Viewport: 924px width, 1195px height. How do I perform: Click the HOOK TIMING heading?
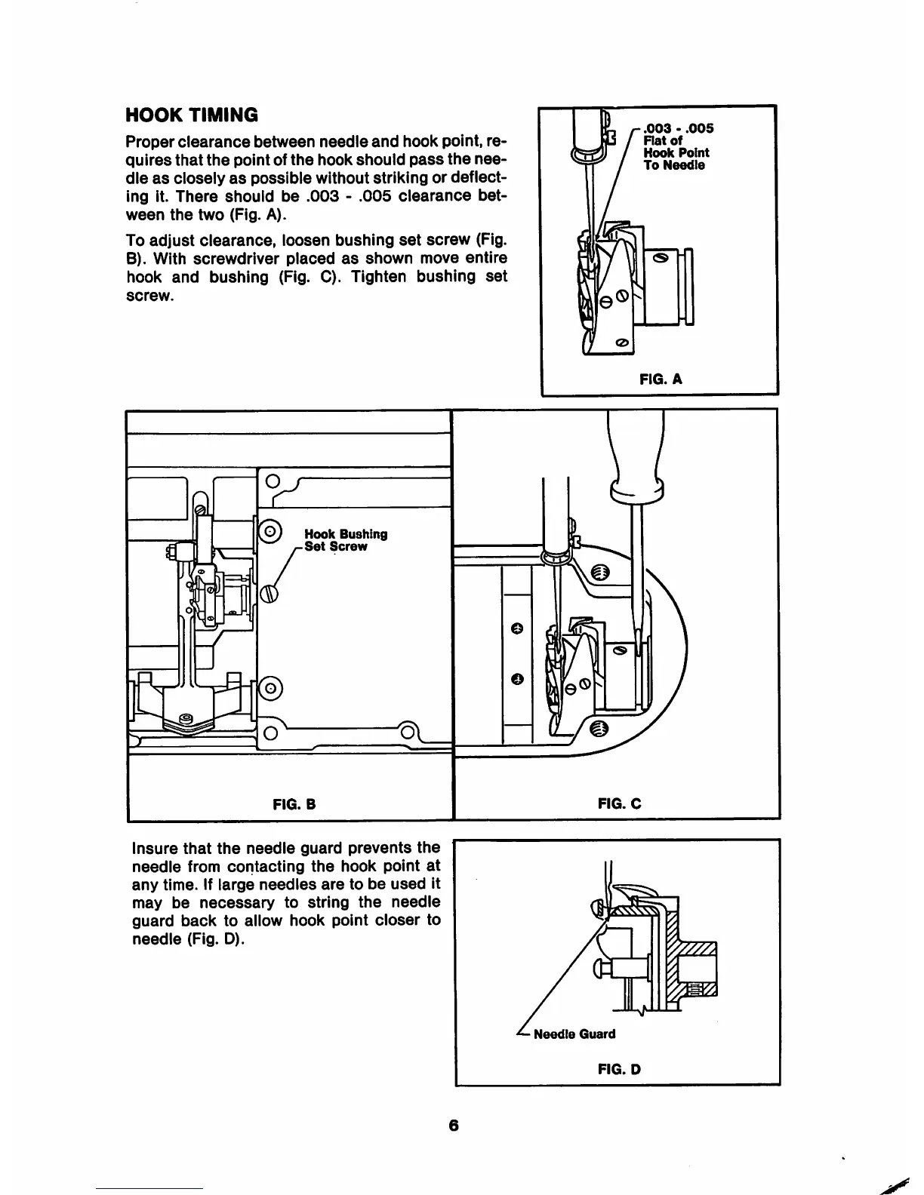pos(192,115)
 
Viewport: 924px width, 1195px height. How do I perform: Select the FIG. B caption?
pos(293,804)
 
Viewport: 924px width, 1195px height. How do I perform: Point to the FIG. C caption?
pos(619,804)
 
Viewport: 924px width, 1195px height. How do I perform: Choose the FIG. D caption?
pos(619,1069)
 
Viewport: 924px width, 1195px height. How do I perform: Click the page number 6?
pos(453,1126)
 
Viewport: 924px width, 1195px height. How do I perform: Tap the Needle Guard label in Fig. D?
pos(574,1034)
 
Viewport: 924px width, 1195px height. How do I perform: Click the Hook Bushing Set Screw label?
pos(346,540)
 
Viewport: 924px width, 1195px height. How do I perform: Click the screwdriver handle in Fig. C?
pos(638,453)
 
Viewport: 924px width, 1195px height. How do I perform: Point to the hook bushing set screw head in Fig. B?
pos(269,594)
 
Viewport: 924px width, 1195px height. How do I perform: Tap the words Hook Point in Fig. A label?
pos(676,152)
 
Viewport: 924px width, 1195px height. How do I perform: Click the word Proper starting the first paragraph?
pos(152,142)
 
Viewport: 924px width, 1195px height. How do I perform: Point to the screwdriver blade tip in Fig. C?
pos(639,647)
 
